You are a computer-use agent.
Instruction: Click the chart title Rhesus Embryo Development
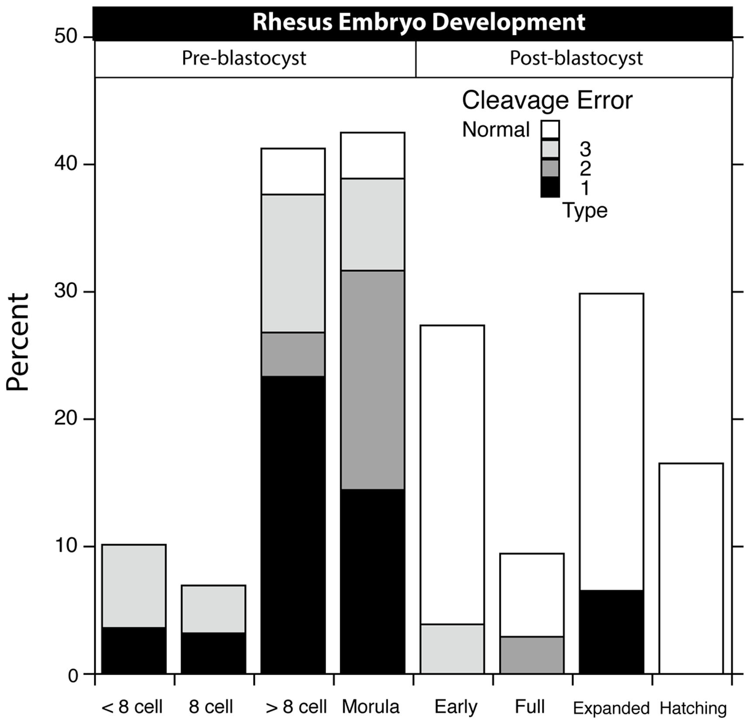tap(418, 22)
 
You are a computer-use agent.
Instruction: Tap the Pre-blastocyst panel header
tap(244, 58)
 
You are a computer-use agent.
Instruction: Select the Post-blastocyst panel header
tap(576, 58)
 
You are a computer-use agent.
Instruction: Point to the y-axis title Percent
tap(18, 341)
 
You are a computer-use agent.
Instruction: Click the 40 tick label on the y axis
tap(66, 165)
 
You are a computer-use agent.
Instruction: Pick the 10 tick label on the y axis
tap(66, 546)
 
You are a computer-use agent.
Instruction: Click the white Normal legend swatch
tap(550, 130)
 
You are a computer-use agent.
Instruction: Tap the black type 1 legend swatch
tap(550, 187)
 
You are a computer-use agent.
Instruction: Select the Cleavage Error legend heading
tap(547, 100)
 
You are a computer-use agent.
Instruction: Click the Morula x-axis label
tap(371, 707)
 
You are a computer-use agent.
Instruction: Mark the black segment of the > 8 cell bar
tap(293, 524)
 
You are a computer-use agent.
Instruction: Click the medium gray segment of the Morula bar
tap(372, 380)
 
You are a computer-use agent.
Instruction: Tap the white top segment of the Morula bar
tap(372, 155)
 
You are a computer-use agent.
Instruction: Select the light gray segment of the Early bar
tap(452, 649)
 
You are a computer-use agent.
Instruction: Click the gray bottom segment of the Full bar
tap(531, 655)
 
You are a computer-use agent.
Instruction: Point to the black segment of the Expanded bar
tap(611, 631)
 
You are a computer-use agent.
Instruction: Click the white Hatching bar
tap(691, 568)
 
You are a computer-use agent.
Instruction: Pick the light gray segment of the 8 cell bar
tap(213, 609)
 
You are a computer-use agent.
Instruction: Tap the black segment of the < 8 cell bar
tap(134, 651)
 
